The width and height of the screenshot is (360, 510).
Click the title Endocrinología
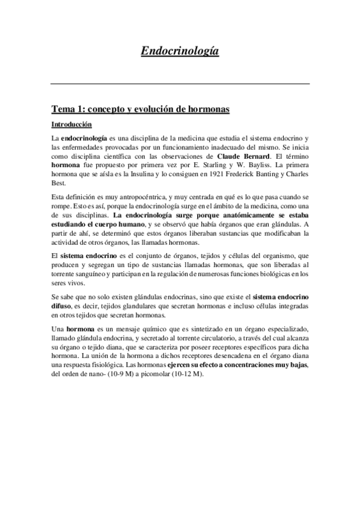[x=180, y=52]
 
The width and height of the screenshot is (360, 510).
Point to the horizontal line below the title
[x=180, y=84]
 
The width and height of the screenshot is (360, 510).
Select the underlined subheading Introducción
[x=72, y=125]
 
